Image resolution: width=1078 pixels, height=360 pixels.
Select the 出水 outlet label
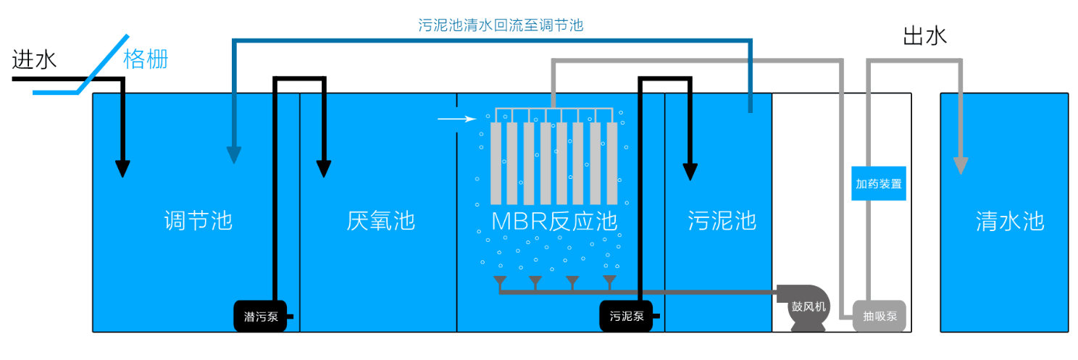tap(925, 37)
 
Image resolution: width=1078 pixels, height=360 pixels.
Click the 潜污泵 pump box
tap(260, 317)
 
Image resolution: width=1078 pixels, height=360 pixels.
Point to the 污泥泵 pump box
tap(626, 317)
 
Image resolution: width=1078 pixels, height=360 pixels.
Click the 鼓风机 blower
tap(808, 306)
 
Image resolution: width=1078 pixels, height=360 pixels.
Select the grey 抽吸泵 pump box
tap(879, 317)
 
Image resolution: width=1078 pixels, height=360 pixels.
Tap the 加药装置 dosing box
tap(878, 184)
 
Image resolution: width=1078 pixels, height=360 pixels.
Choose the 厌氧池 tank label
tap(380, 220)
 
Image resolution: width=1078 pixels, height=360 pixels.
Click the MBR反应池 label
tap(554, 220)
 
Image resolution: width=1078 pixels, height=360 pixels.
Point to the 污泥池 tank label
tap(722, 220)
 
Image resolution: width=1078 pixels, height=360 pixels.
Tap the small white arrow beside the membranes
tap(455, 118)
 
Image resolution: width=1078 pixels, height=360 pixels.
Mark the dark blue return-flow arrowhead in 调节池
tap(233, 154)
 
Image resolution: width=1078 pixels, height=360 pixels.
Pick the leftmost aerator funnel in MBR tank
tap(500, 281)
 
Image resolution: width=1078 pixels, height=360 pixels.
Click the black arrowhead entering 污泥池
tap(690, 171)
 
